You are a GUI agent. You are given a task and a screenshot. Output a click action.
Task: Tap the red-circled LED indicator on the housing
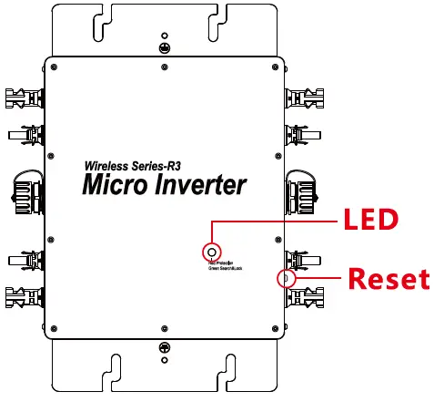(x=212, y=251)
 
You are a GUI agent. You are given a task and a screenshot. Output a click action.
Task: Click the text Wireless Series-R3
(x=133, y=165)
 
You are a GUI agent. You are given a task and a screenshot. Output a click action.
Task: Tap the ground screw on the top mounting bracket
(x=165, y=46)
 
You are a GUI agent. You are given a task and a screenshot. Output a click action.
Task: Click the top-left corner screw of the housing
(x=55, y=68)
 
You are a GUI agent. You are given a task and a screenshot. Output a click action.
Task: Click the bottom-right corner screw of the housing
(x=275, y=325)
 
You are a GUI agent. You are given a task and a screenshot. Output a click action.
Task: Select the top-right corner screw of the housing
(x=275, y=68)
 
